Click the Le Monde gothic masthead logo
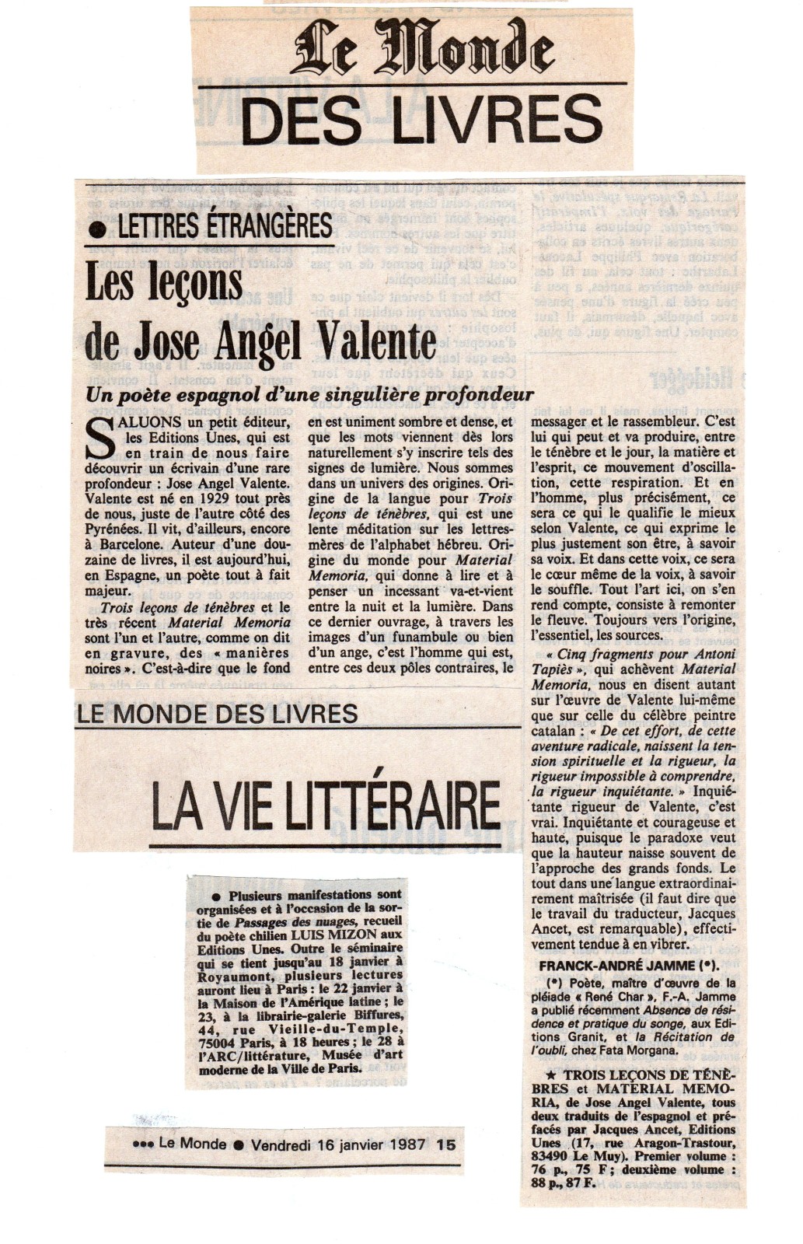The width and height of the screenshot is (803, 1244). coord(423,48)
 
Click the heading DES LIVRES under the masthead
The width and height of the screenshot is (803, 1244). coord(427,121)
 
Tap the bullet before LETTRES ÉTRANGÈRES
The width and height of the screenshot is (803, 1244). coord(98,227)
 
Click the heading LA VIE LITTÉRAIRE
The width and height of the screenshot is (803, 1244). coord(324,805)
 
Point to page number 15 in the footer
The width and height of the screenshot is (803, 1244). coord(446,1144)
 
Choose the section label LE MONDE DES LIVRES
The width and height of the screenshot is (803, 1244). coord(218,713)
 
